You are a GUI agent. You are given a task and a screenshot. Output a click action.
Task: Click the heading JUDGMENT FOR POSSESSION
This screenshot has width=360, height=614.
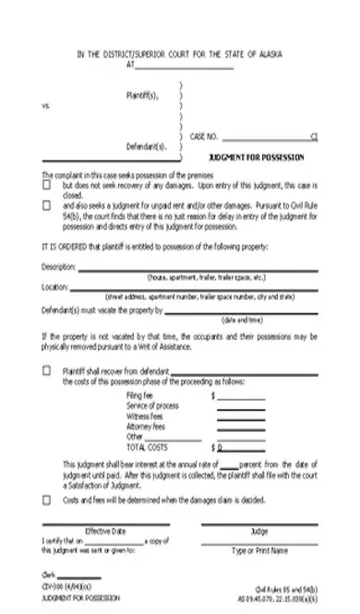257,157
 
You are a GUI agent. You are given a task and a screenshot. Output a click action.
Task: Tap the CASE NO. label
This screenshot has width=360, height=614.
205,136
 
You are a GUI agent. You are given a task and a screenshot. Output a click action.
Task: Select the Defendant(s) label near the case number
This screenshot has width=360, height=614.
147,147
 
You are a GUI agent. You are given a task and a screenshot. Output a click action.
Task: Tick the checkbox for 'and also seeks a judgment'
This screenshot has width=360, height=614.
47,206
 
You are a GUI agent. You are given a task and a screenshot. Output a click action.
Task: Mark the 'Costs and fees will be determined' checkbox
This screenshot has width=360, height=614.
47,500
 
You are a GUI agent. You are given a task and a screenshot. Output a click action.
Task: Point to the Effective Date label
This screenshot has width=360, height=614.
105,531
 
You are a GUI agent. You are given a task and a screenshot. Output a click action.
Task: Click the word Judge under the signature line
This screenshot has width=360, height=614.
259,531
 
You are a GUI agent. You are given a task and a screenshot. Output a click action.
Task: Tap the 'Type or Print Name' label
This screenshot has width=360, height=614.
259,550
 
